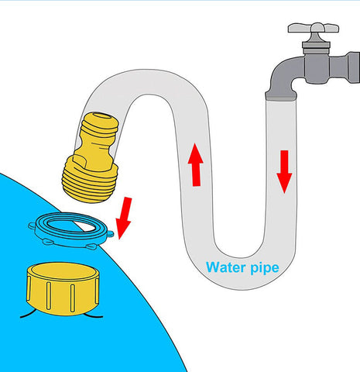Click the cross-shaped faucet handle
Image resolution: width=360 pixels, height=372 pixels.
(x=314, y=28)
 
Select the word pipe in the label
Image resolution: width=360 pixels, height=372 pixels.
(x=265, y=268)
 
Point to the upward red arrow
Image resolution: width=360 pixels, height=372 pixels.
(x=196, y=165)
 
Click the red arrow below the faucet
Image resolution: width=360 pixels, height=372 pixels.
(x=284, y=172)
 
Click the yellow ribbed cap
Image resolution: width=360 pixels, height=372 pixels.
(x=63, y=289)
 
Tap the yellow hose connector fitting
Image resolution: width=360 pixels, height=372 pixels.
(x=91, y=157)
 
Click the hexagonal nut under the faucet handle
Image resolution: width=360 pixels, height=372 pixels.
(x=316, y=46)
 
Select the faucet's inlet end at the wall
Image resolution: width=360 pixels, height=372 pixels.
(x=353, y=67)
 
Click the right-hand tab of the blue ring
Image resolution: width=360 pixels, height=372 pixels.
(x=111, y=234)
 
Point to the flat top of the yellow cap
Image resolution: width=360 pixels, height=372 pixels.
(x=63, y=272)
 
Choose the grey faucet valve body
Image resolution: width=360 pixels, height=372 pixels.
(x=317, y=67)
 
